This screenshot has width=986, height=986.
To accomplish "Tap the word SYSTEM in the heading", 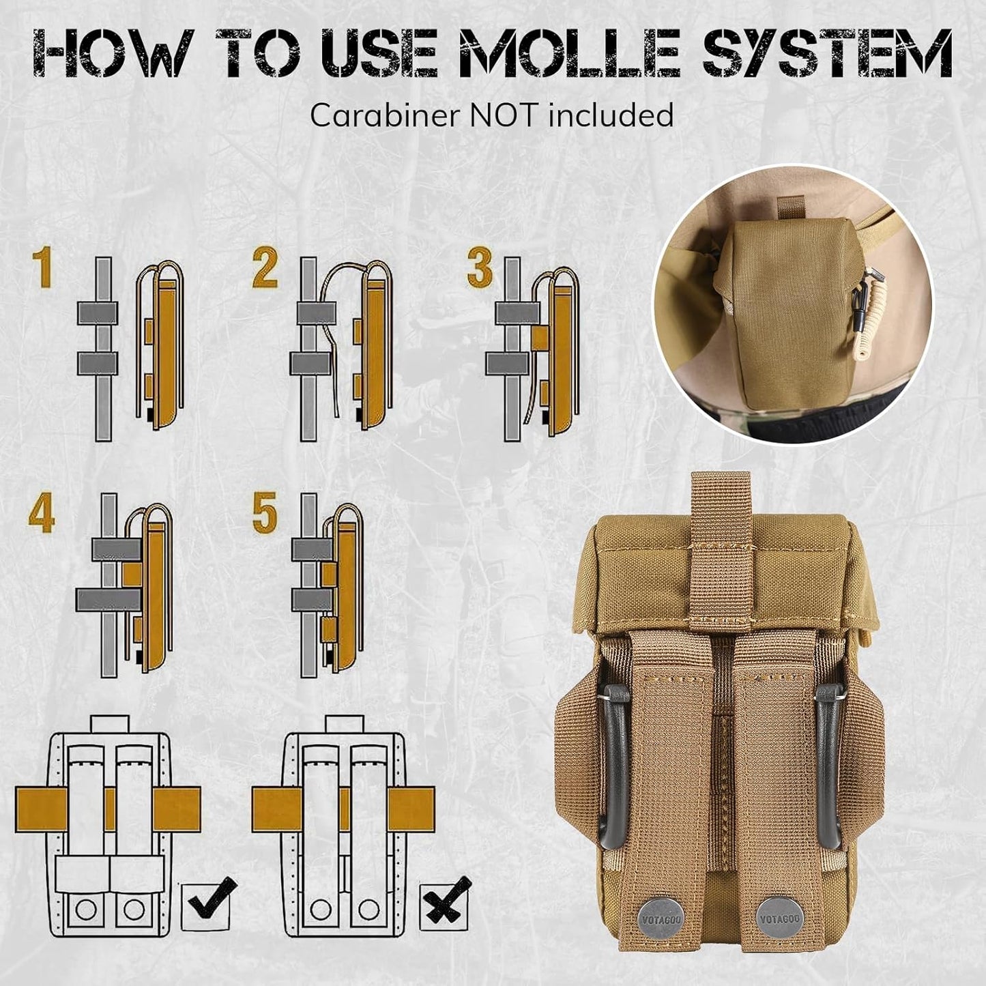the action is tap(828, 55).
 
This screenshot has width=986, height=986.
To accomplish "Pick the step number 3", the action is tap(480, 268).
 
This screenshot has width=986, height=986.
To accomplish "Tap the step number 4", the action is tap(42, 514).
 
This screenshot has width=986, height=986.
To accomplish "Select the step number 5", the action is tap(265, 514).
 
